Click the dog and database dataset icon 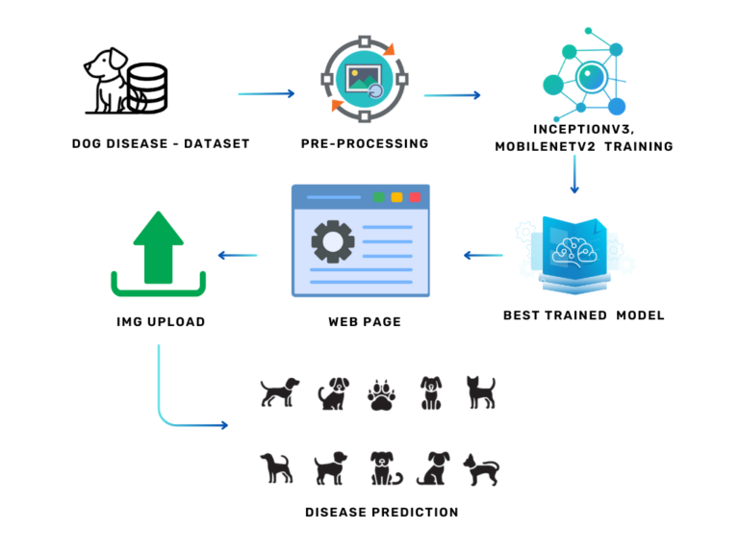tap(124, 84)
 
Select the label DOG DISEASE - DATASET tap(161, 144)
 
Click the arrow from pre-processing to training tap(452, 95)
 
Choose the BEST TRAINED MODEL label tap(584, 315)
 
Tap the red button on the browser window tap(415, 197)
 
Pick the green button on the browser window tap(378, 197)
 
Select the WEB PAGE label tap(364, 322)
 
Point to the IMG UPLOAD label tap(160, 322)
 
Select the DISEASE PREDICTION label tap(381, 513)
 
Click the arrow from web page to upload tap(237, 255)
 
